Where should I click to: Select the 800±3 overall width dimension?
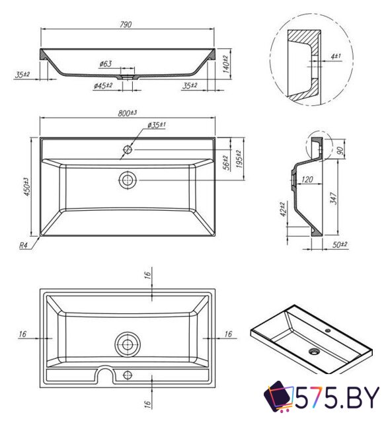[x=127, y=113]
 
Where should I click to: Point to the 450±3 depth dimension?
[x=26, y=187]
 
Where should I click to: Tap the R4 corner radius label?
[x=23, y=245]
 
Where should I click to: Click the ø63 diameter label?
[x=106, y=63]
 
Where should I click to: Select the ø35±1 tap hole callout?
[x=156, y=125]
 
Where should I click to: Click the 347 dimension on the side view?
[x=336, y=197]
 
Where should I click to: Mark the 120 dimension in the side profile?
[x=306, y=179]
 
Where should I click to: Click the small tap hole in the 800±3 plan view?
[x=126, y=150]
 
